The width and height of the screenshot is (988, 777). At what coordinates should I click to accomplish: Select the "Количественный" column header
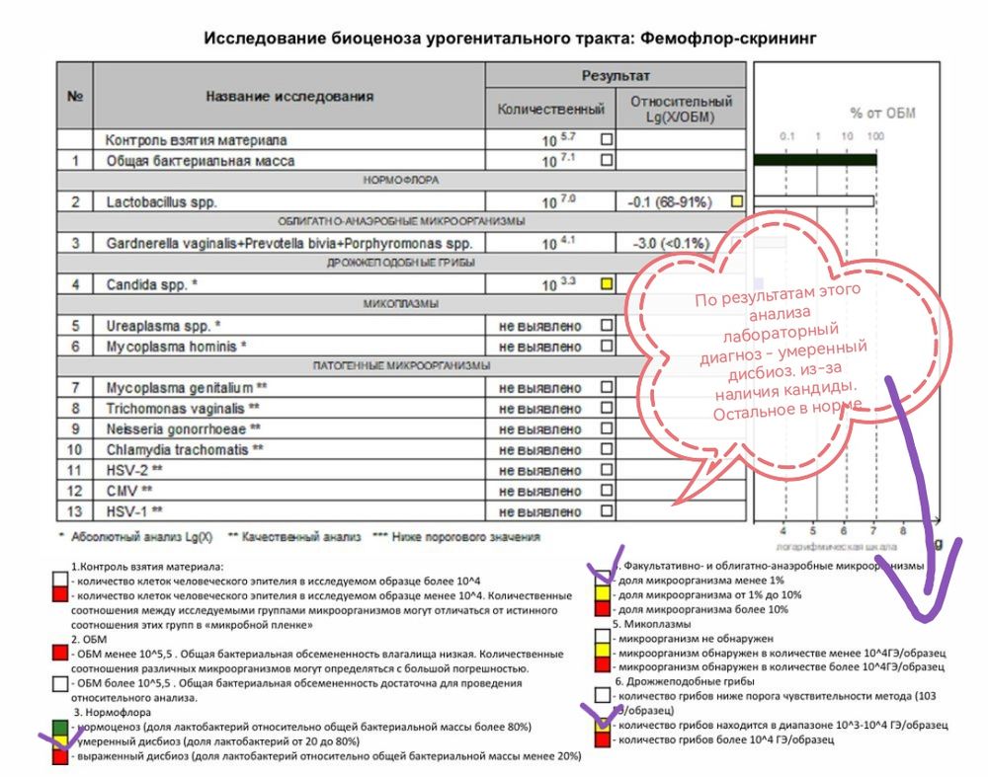(x=550, y=109)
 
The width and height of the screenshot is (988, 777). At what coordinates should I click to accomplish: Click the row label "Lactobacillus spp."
(x=161, y=202)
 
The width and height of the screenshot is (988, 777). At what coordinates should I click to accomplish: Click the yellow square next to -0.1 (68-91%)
(x=736, y=202)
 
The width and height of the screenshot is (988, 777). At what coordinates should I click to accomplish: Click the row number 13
(x=74, y=511)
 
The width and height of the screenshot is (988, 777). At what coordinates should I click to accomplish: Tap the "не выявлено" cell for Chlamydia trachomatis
(x=540, y=449)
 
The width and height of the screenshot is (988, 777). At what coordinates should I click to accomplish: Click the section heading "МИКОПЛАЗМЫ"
(x=401, y=304)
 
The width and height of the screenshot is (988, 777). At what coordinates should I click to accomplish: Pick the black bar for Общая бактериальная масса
(x=814, y=160)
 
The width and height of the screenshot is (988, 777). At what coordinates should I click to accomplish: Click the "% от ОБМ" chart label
(x=882, y=113)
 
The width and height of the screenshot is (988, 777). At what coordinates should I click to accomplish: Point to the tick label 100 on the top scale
(x=874, y=135)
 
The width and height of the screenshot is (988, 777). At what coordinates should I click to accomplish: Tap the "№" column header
(x=74, y=97)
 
